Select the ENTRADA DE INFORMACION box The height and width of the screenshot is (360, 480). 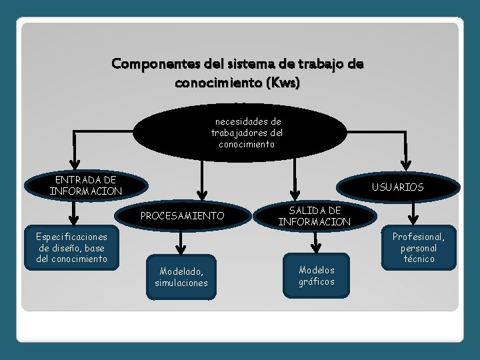click(85, 185)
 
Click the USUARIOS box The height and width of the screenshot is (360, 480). click(398, 187)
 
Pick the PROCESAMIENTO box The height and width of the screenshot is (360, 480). click(182, 216)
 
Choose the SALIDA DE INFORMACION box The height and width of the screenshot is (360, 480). click(314, 216)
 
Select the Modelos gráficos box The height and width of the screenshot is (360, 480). click(317, 275)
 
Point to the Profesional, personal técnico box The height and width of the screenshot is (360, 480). click(418, 247)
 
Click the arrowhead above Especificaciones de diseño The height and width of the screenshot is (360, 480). click(75, 221)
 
